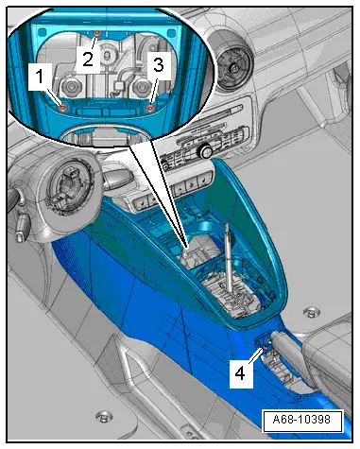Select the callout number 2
click(x=87, y=59)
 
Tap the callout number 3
click(x=159, y=64)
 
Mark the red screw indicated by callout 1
click(x=62, y=106)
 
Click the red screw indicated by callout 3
click(x=151, y=106)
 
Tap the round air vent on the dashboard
click(x=230, y=65)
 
